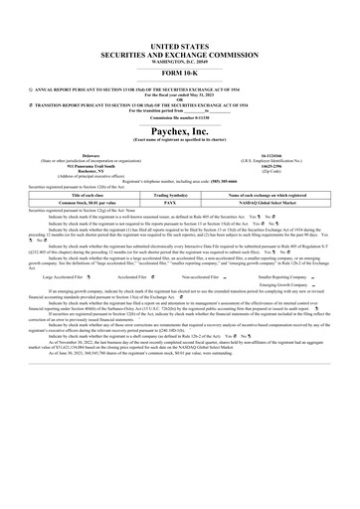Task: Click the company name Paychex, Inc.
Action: [x=179, y=129]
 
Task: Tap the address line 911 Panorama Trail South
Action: [x=90, y=165]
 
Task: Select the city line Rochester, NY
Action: [x=90, y=171]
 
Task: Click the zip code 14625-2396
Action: [x=270, y=165]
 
